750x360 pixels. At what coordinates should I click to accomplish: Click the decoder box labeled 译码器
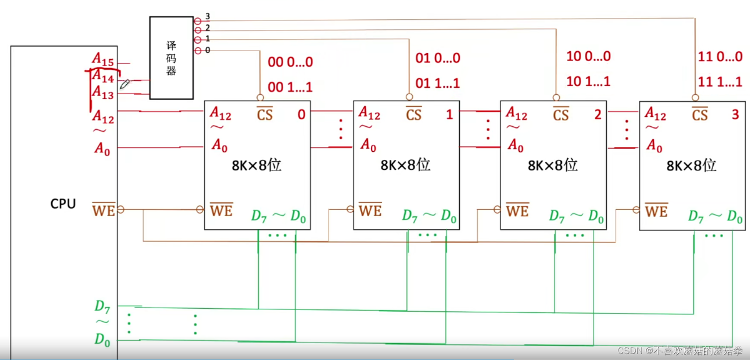(171, 57)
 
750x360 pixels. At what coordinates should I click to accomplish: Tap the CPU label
(63, 204)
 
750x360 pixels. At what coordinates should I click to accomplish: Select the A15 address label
(103, 60)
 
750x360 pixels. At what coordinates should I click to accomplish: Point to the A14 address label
(104, 77)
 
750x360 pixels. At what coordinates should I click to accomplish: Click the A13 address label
(103, 93)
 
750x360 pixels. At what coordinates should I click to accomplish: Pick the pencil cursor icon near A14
(124, 84)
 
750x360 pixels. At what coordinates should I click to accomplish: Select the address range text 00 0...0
(290, 62)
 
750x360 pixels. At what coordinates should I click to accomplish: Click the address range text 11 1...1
(720, 82)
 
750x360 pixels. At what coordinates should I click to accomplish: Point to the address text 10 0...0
(588, 56)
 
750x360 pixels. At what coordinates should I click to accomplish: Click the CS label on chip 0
(265, 115)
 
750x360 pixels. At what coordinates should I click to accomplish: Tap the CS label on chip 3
(699, 115)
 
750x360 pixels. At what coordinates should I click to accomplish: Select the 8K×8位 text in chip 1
(405, 165)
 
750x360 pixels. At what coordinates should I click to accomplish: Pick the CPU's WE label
(104, 210)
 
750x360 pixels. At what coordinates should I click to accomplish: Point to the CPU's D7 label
(102, 305)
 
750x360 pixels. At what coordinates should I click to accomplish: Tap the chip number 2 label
(597, 115)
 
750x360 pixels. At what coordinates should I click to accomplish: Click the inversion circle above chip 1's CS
(409, 97)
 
